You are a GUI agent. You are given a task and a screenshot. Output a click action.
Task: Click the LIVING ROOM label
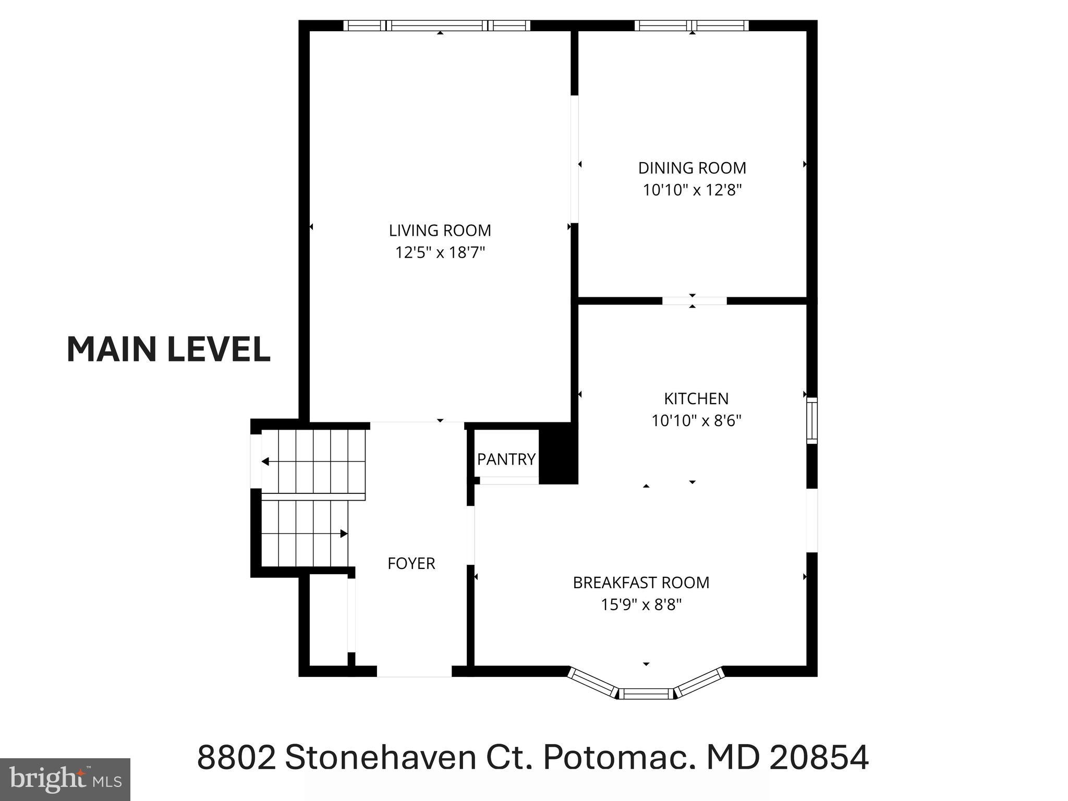pyautogui.click(x=440, y=230)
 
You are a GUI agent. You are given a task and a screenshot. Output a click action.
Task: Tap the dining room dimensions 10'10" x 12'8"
pyautogui.click(x=692, y=190)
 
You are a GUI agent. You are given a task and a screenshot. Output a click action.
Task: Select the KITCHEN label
pyautogui.click(x=696, y=398)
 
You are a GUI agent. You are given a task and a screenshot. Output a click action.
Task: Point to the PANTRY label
pyautogui.click(x=506, y=459)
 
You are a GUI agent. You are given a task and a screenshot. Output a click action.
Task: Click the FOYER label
pyautogui.click(x=411, y=563)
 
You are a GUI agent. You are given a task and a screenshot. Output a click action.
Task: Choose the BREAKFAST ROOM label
pyautogui.click(x=641, y=582)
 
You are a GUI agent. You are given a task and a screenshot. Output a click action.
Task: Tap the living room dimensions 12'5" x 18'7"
pyautogui.click(x=440, y=252)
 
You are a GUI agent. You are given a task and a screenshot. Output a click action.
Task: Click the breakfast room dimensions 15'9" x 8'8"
pyautogui.click(x=641, y=605)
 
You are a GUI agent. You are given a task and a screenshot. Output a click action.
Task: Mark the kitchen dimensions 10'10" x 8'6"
pyautogui.click(x=696, y=420)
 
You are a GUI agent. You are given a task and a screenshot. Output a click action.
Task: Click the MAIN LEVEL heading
pyautogui.click(x=168, y=349)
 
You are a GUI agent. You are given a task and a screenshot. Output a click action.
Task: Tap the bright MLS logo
pyautogui.click(x=65, y=779)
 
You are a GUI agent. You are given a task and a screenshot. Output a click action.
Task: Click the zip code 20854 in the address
pyautogui.click(x=819, y=757)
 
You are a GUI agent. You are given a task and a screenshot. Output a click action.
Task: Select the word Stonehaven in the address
pyautogui.click(x=380, y=757)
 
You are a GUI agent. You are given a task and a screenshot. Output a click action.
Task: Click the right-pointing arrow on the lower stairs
pyautogui.click(x=343, y=533)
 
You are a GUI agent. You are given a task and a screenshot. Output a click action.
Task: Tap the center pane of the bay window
pyautogui.click(x=646, y=694)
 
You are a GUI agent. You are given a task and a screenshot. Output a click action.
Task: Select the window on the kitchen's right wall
pyautogui.click(x=811, y=420)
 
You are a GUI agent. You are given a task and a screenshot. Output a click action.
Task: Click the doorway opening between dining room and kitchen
pyautogui.click(x=694, y=301)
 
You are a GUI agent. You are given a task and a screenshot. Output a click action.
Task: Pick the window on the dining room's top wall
pyautogui.click(x=691, y=26)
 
